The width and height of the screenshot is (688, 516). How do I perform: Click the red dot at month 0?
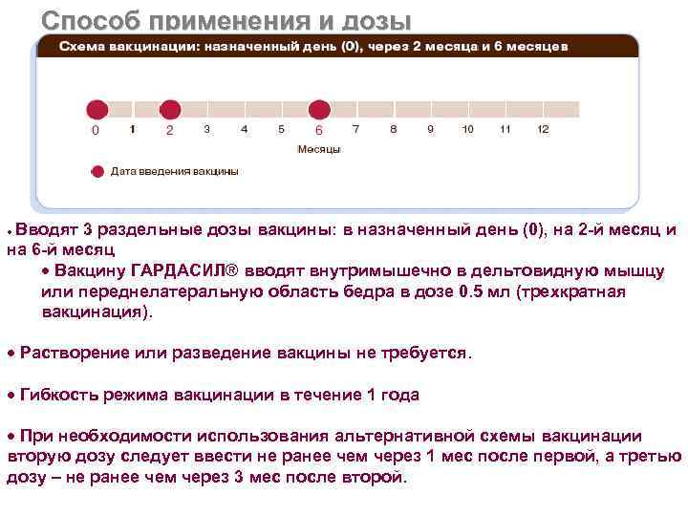(95, 110)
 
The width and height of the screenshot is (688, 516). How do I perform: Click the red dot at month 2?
(169, 110)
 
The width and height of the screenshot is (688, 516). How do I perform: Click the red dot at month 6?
(319, 110)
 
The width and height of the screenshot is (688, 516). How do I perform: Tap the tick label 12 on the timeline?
(543, 129)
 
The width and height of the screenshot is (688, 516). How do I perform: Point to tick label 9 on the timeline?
(430, 129)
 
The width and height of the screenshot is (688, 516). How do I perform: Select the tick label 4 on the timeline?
(244, 129)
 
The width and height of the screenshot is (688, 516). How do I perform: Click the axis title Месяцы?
(319, 149)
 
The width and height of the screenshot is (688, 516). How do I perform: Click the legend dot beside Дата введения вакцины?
(97, 172)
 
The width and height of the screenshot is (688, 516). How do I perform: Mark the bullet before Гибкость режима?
(11, 395)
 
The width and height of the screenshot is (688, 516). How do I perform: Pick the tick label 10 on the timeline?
(467, 129)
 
